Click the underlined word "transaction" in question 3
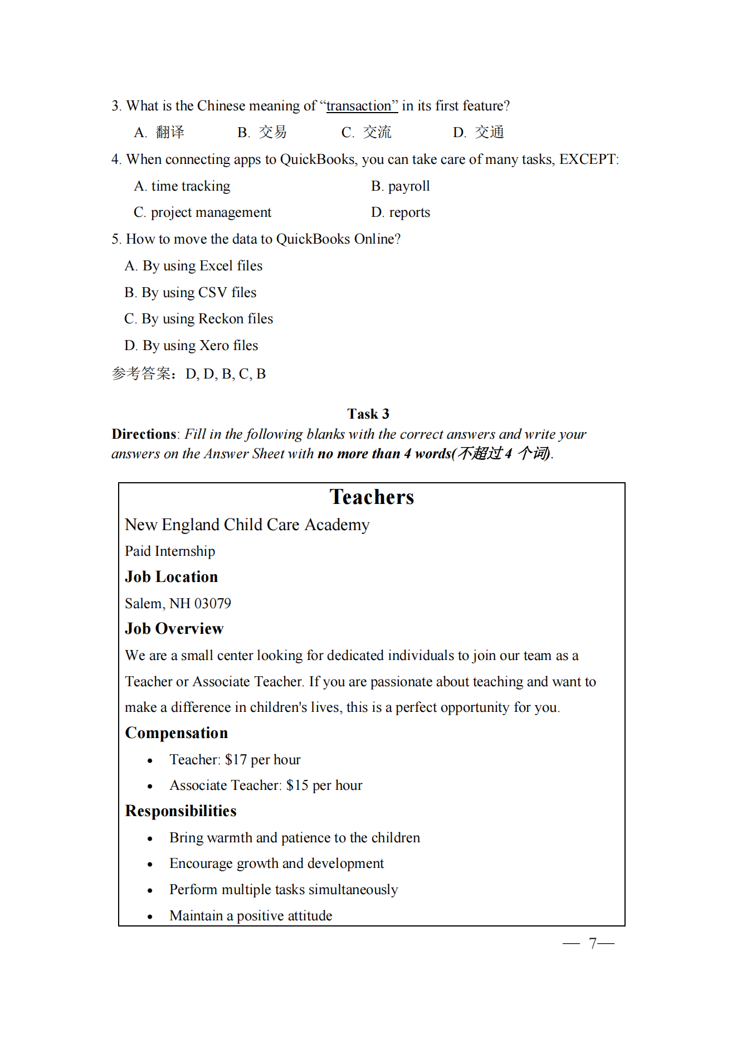[x=359, y=106]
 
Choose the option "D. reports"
[x=401, y=212]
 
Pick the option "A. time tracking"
[x=182, y=186]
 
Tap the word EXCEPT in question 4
[x=588, y=159]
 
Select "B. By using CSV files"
[x=191, y=293]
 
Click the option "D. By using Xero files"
[x=191, y=346]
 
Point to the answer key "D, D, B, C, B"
[x=226, y=374]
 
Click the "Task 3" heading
[x=368, y=414]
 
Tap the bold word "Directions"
[x=144, y=434]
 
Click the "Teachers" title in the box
[x=372, y=497]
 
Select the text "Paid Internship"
[x=170, y=551]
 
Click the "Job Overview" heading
[x=174, y=629]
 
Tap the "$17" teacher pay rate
[x=236, y=760]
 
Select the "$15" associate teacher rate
[x=297, y=785]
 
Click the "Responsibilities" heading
[x=180, y=811]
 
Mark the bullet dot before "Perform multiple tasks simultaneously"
[x=150, y=891]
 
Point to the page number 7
[x=593, y=943]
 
